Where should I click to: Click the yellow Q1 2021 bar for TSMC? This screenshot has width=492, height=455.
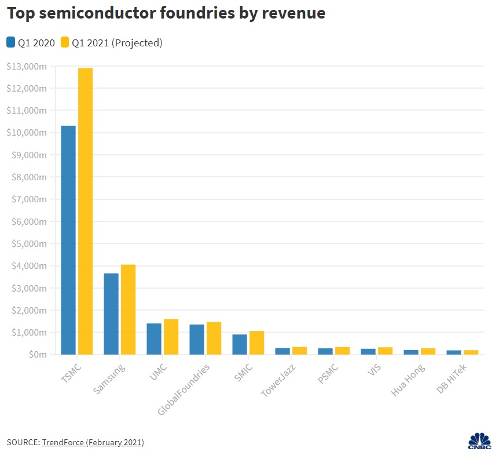85,211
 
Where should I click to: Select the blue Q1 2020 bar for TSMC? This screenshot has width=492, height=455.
68,240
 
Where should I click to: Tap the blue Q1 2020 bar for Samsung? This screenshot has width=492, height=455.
111,314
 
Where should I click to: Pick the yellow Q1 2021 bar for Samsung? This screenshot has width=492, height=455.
128,310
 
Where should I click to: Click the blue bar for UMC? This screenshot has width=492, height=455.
154,339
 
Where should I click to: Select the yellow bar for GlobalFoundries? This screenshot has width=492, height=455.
214,338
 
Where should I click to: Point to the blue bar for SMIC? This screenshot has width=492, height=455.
240,344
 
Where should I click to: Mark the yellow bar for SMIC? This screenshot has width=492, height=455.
256,343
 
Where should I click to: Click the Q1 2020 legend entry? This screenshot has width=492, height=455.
32,42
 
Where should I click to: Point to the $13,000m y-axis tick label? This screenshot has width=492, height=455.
26,67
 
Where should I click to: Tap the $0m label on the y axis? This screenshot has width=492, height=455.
35,355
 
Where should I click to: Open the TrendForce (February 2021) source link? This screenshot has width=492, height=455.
93,442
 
